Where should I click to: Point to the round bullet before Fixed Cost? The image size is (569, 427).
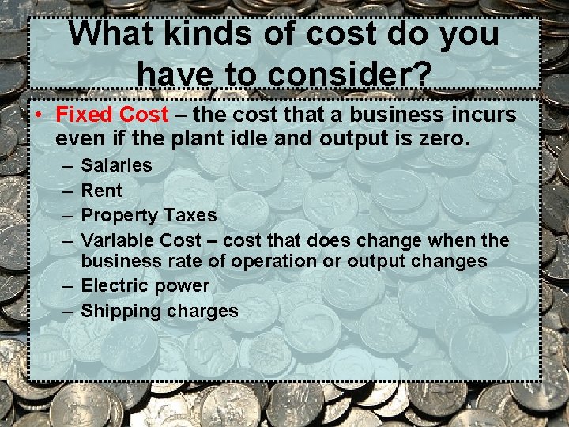click(x=38, y=115)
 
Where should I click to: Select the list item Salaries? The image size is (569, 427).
click(x=117, y=165)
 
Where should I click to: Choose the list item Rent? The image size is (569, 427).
click(x=102, y=191)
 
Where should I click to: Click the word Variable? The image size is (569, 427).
click(x=118, y=240)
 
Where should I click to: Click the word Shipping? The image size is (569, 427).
click(x=121, y=311)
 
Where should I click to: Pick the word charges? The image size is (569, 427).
click(x=202, y=311)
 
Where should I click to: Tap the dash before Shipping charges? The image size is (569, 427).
click(x=68, y=311)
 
